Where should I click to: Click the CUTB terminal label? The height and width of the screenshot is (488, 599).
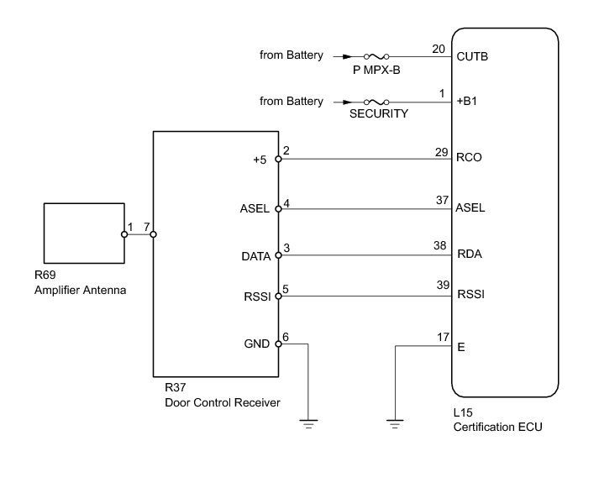coord(471,58)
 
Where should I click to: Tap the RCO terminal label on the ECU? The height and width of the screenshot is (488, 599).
coord(468,157)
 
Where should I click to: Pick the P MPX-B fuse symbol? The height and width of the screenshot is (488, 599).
coord(375,57)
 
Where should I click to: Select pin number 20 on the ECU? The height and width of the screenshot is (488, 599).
coord(439,49)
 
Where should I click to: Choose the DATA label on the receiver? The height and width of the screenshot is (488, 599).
coord(255,256)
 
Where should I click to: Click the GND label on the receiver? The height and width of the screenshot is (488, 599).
coord(256,344)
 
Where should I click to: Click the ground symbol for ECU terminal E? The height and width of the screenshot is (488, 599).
coord(395,422)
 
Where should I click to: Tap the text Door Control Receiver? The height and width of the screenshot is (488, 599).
coord(223,403)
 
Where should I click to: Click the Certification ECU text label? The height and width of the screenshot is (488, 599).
coord(497,428)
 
